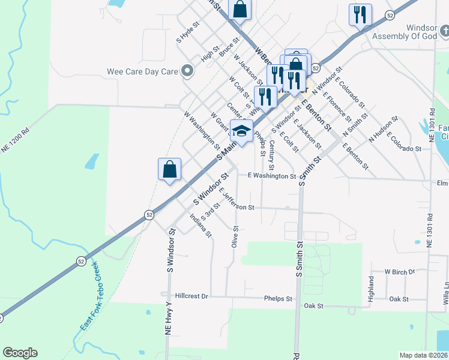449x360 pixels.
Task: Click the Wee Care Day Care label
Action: tap(142, 71)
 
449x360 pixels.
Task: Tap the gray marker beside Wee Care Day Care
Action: tap(187, 72)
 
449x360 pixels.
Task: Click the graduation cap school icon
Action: tap(241, 131)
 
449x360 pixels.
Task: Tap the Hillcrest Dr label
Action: tap(192, 296)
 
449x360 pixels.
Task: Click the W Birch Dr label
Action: tap(400, 272)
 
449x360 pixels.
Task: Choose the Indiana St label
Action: tap(200, 225)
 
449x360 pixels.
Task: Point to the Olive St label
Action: tap(235, 236)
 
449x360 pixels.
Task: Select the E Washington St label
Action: tap(272, 176)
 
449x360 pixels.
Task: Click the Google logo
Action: tap(20, 353)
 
